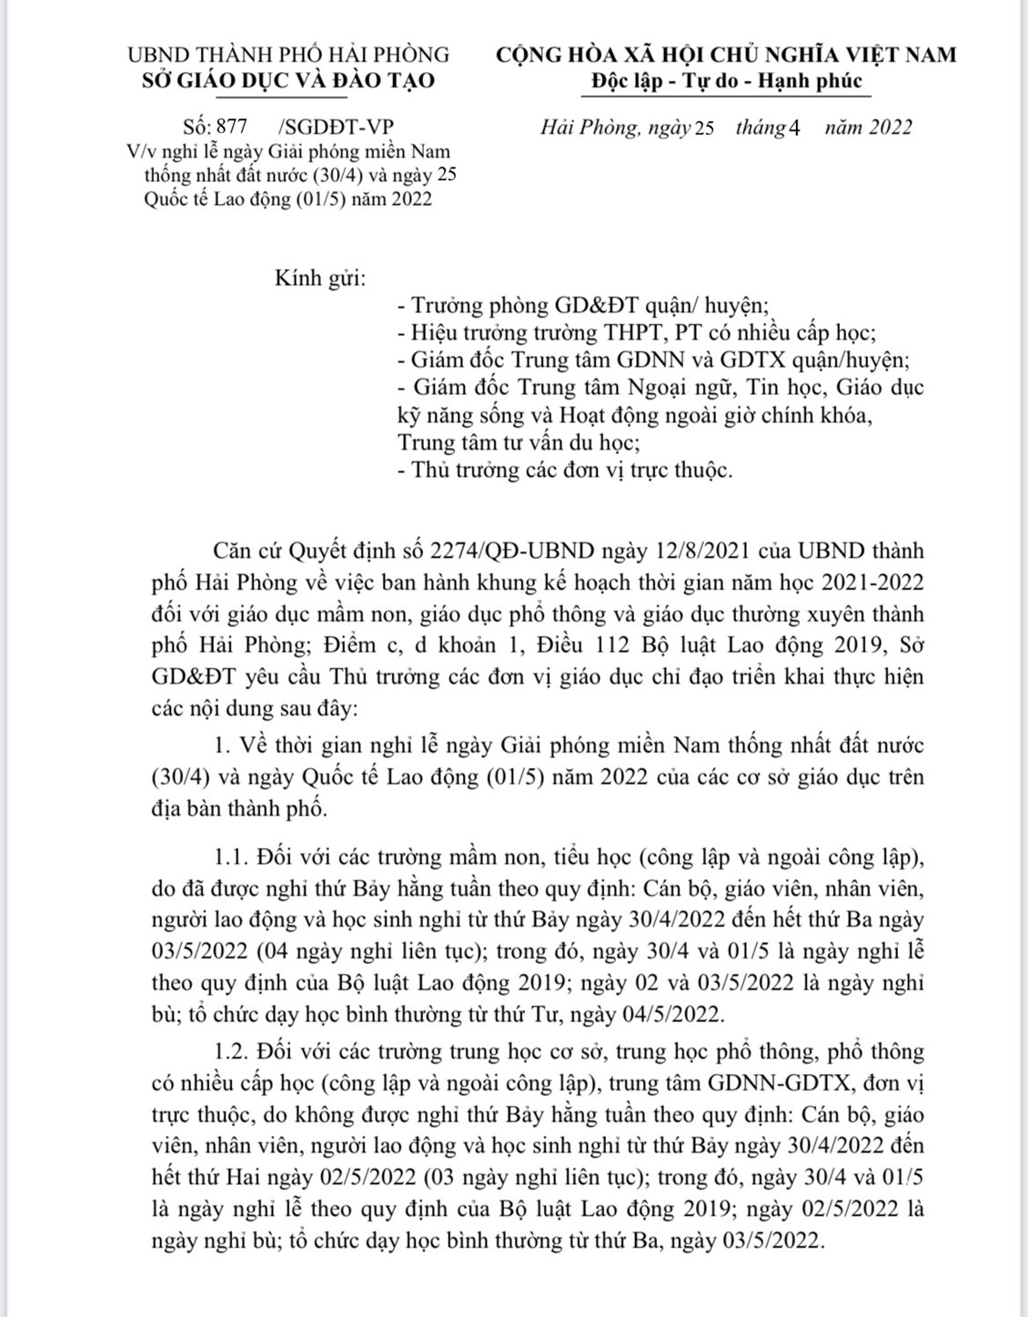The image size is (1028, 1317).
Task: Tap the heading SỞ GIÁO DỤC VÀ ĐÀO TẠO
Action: [x=288, y=80]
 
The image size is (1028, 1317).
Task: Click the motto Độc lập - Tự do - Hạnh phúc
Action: [x=726, y=80]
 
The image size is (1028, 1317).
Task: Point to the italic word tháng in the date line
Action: [x=760, y=127]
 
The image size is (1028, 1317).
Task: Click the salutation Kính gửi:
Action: [x=320, y=278]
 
